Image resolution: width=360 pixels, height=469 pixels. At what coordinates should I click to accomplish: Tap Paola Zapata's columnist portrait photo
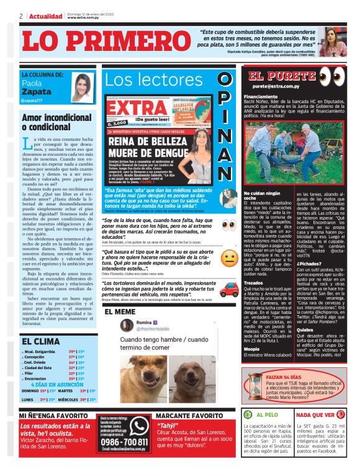(x=82, y=87)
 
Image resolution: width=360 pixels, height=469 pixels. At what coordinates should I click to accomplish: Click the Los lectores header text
(x=145, y=79)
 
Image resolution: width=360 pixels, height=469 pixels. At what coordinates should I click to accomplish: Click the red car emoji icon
(x=229, y=289)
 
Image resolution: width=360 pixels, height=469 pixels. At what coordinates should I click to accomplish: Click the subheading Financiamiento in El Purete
(x=261, y=97)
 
